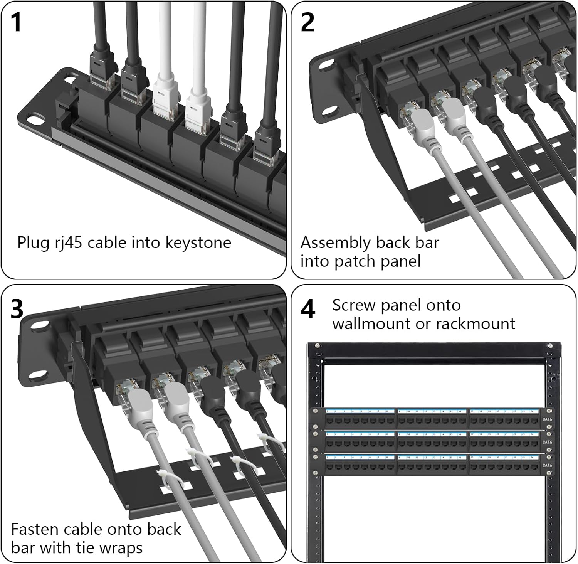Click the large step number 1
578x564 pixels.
click(x=16, y=22)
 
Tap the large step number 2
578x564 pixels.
click(x=307, y=22)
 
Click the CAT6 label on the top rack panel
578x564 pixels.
click(x=547, y=419)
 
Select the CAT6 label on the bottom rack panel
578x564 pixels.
click(x=547, y=465)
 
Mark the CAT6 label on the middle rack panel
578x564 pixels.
click(x=547, y=442)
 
